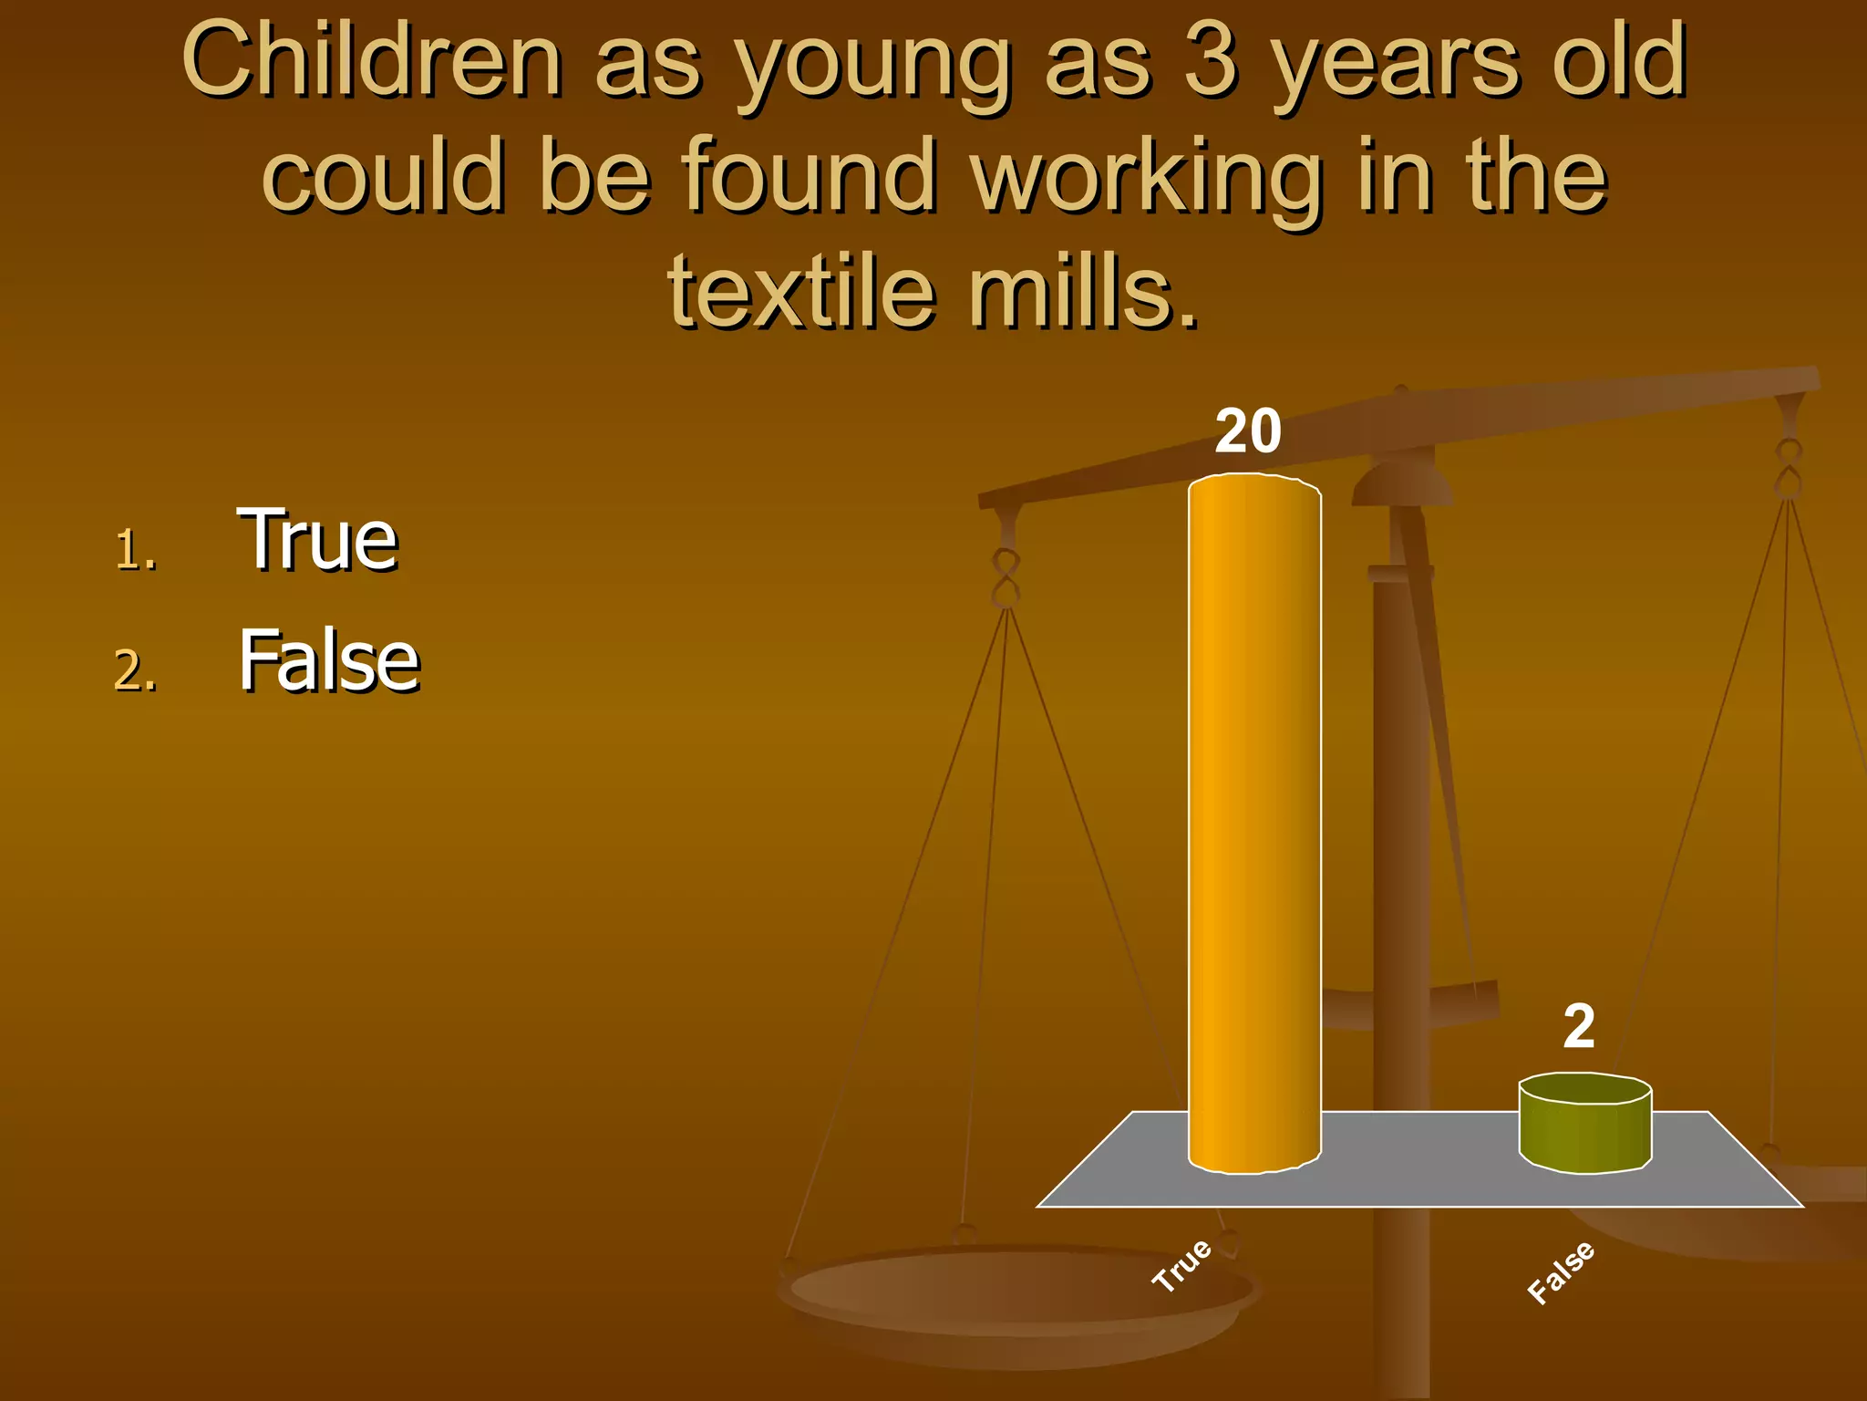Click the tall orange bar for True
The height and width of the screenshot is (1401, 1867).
pyautogui.click(x=1254, y=821)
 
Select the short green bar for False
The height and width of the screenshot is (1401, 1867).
pyautogui.click(x=1584, y=1126)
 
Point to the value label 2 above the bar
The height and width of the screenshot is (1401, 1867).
pyautogui.click(x=1579, y=1025)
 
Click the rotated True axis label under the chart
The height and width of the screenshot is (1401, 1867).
pyautogui.click(x=1181, y=1265)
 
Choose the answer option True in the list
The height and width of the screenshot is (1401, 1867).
pyautogui.click(x=317, y=540)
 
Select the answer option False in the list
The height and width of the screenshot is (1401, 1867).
pyautogui.click(x=328, y=660)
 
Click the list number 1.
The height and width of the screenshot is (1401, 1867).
pyautogui.click(x=135, y=551)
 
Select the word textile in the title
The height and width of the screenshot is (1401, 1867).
pyautogui.click(x=802, y=292)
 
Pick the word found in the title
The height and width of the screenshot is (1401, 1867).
pyautogui.click(x=810, y=175)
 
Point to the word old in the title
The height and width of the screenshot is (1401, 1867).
pyautogui.click(x=1619, y=62)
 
